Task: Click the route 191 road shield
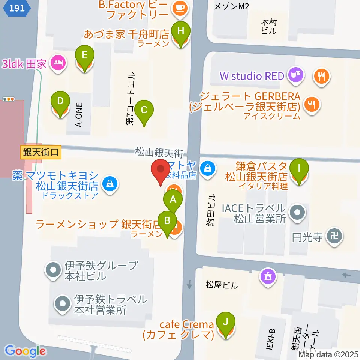[18, 8]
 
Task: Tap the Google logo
[25, 351]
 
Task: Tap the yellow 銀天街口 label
[41, 153]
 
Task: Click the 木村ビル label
[269, 27]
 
